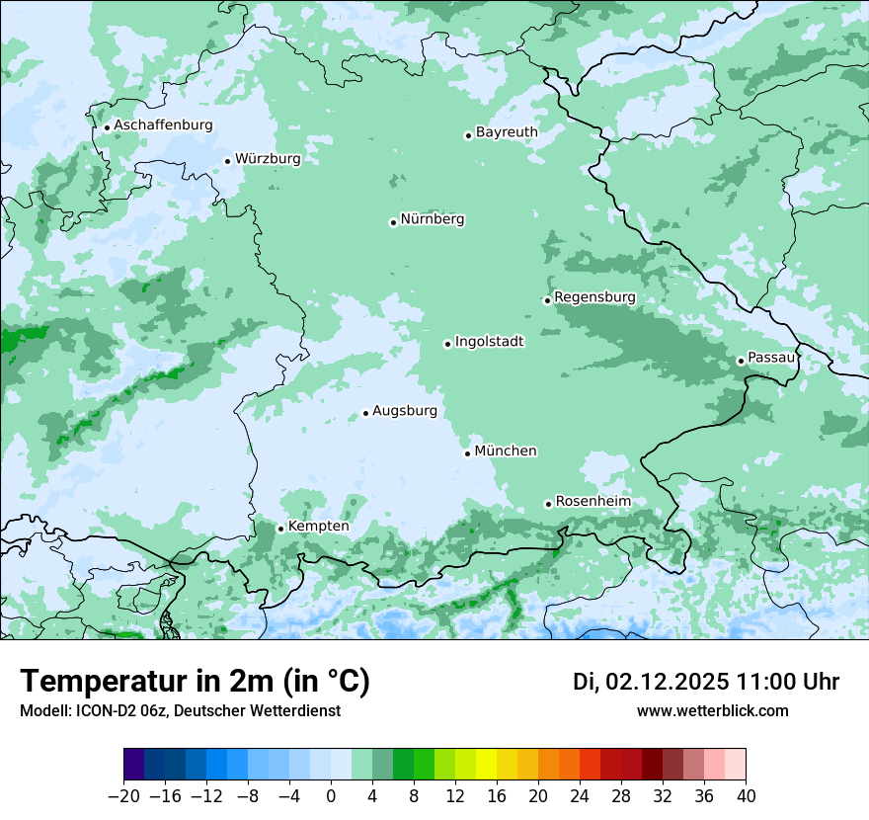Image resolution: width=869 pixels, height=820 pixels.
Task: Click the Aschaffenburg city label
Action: coord(163,125)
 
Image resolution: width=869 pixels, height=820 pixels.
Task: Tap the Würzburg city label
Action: coord(268,158)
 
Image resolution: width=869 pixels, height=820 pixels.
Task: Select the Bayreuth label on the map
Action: coord(507,132)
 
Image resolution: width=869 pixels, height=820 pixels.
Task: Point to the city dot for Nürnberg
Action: coord(393,222)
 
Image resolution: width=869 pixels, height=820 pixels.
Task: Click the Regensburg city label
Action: coord(594,297)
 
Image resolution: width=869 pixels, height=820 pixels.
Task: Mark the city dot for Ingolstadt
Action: coord(447,344)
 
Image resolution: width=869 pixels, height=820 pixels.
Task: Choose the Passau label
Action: coord(771,358)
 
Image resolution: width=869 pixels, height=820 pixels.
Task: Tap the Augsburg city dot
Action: coord(365,413)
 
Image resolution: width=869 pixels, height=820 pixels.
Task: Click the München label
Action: coord(506,451)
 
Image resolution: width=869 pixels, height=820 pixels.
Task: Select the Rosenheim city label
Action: coord(592,502)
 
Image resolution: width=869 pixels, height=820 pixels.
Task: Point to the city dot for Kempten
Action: coord(280,529)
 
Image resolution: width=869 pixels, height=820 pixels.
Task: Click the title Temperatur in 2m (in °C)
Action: coord(195,682)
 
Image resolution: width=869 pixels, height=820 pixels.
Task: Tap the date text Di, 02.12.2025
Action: coord(651,682)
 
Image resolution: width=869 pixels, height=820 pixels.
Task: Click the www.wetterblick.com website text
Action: coord(712,710)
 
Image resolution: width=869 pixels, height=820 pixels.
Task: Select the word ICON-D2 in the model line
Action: coord(100,711)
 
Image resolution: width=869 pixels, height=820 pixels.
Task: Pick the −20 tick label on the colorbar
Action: coord(123,796)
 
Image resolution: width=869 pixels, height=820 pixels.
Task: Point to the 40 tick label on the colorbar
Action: coord(746,796)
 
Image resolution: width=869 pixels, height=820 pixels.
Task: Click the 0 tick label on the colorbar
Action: coord(331,796)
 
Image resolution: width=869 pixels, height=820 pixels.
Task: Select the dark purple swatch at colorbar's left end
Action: coord(134,765)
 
